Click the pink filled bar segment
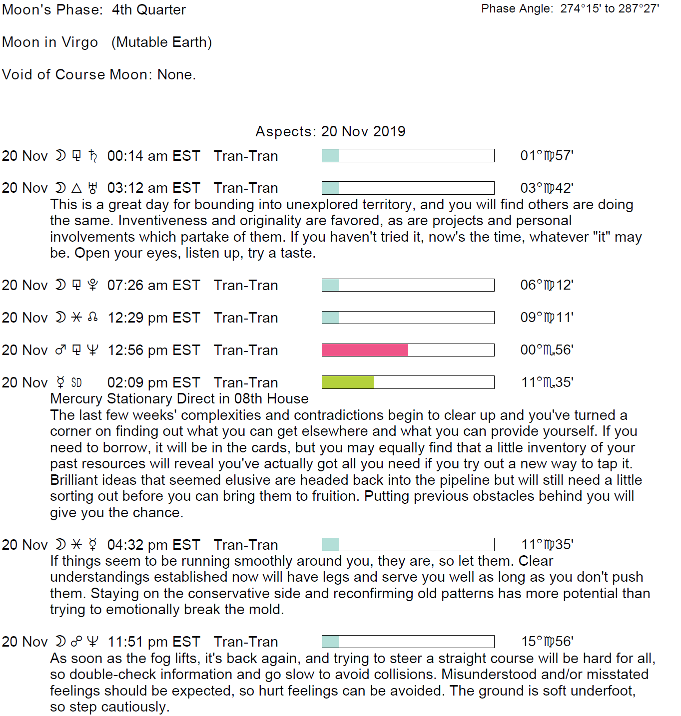coord(365,350)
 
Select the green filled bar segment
coord(348,382)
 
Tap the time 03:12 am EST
coord(153,188)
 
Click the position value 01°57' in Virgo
coord(547,156)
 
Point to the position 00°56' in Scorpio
coord(547,350)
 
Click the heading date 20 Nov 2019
coord(363,131)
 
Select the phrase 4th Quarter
coord(149,10)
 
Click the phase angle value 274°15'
coord(580,8)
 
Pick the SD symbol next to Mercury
coord(76,383)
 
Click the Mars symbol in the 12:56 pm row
coord(60,350)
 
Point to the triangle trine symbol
coord(76,188)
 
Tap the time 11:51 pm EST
coord(154,642)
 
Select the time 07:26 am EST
coord(153,286)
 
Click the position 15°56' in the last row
coord(547,642)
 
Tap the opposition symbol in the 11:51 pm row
coord(76,642)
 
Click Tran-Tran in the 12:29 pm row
coord(246,318)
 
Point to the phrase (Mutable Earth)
coord(161,42)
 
